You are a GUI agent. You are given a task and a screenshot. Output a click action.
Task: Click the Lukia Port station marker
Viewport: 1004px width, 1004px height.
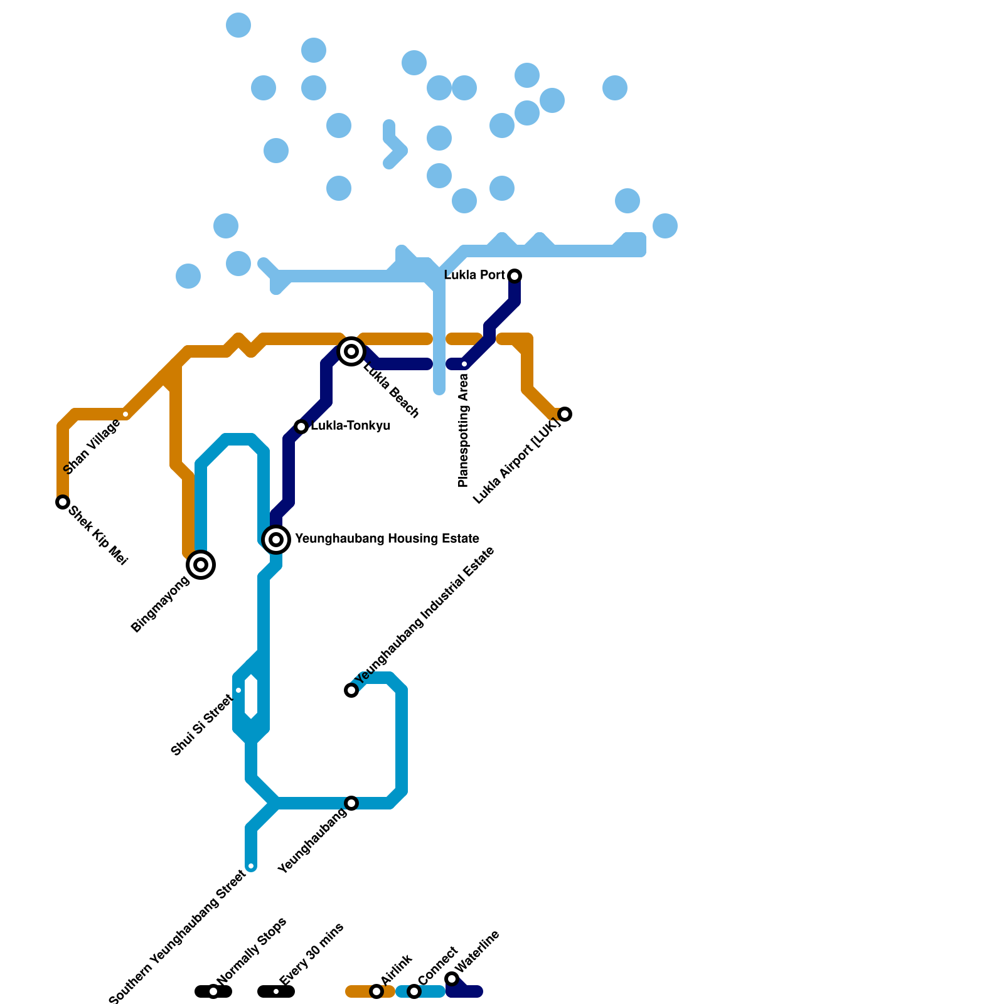point(515,276)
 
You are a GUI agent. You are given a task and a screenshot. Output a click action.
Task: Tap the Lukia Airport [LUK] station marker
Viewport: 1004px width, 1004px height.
point(565,414)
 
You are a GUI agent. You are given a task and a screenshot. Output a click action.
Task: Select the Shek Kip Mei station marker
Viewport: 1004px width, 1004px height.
point(62,502)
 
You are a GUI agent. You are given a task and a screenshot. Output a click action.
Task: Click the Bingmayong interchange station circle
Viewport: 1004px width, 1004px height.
point(201,565)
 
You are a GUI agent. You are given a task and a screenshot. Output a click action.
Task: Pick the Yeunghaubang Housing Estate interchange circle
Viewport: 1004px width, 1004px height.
point(276,539)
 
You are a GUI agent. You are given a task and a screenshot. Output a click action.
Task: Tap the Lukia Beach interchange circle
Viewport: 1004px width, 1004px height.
point(351,351)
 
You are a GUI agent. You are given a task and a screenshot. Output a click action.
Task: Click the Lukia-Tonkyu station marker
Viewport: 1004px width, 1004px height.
point(301,427)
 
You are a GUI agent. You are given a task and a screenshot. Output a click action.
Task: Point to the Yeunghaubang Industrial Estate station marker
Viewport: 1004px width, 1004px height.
point(351,690)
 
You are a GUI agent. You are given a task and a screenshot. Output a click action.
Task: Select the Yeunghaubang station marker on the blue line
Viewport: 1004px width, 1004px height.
point(351,803)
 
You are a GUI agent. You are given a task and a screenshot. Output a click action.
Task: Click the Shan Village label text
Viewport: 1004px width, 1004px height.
point(92,447)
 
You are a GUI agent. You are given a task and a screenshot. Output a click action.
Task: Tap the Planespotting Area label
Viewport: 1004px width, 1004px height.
point(464,430)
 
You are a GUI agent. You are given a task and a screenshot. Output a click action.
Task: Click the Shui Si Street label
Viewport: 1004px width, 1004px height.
point(201,724)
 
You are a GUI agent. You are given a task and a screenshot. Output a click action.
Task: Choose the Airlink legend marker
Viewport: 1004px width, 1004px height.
point(376,991)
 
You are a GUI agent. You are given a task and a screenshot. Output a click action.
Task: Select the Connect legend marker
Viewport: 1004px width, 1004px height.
point(414,991)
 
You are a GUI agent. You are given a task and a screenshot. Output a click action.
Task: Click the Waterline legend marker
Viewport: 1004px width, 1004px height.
point(452,980)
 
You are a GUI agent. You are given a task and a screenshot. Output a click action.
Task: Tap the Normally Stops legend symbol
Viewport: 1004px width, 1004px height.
point(213,991)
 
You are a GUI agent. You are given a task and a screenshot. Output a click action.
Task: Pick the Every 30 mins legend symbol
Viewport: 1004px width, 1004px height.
point(276,991)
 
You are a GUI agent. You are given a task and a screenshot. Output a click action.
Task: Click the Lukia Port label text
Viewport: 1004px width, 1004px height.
point(474,275)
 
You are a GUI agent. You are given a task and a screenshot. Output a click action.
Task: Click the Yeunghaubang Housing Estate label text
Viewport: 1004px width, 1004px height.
point(387,539)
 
